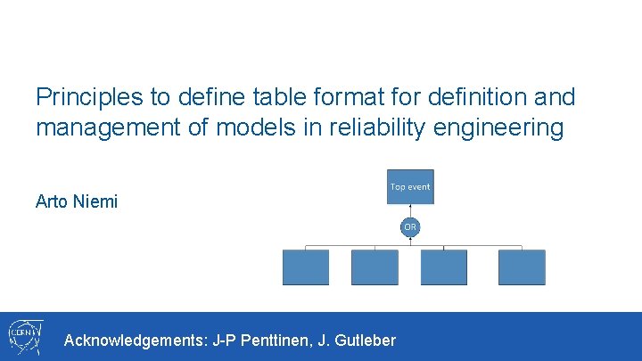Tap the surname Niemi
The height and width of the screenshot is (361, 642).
(x=95, y=201)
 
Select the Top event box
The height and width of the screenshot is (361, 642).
(x=410, y=187)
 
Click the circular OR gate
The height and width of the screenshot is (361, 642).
(x=410, y=227)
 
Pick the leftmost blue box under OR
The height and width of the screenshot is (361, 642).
(x=306, y=267)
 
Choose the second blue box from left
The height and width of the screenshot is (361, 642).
(x=374, y=267)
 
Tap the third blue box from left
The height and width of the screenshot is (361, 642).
(x=444, y=267)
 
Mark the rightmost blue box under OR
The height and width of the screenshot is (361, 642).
(x=522, y=267)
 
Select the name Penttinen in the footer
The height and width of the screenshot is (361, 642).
(x=279, y=340)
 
